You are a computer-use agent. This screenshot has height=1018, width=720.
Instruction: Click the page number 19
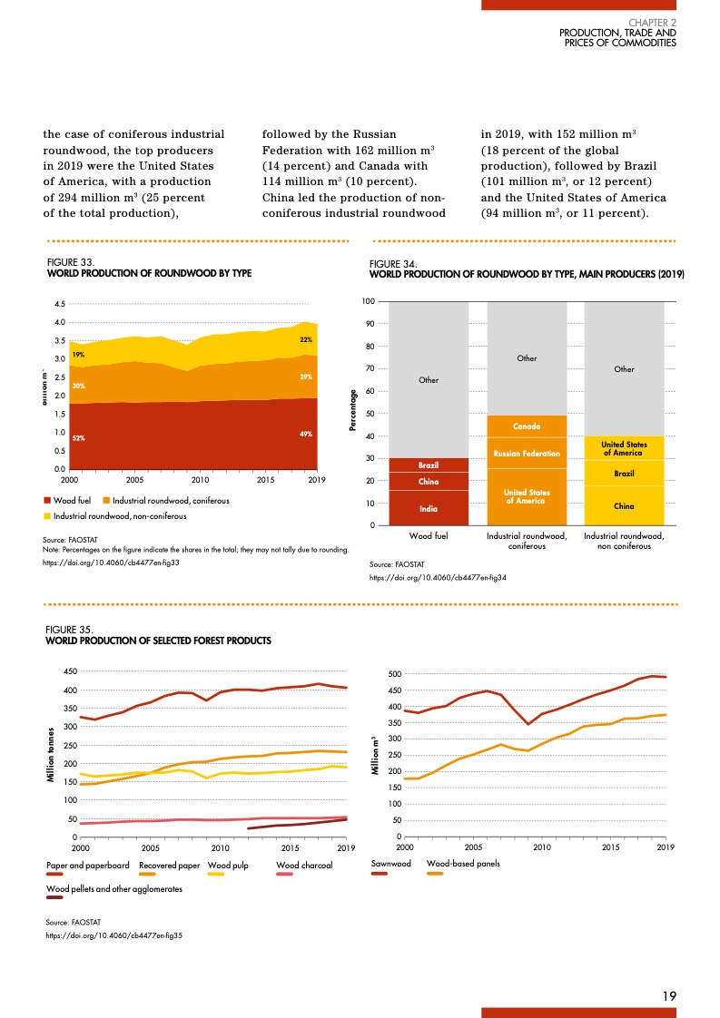(669, 996)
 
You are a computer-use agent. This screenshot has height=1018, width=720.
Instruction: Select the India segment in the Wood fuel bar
(429, 509)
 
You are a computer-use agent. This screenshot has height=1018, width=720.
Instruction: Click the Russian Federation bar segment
(527, 453)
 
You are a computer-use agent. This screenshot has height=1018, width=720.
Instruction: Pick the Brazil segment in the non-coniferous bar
(624, 474)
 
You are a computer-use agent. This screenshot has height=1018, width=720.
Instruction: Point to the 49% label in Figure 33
(306, 435)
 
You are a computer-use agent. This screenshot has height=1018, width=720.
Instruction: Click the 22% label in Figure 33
(306, 340)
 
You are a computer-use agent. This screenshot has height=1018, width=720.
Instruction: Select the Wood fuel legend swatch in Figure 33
(48, 501)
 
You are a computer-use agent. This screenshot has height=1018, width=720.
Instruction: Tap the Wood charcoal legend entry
(303, 866)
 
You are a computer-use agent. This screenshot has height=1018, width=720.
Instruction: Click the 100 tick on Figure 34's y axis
(370, 301)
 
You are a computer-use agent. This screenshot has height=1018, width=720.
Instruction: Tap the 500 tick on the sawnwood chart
(395, 674)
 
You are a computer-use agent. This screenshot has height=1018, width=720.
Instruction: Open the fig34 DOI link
(438, 578)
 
